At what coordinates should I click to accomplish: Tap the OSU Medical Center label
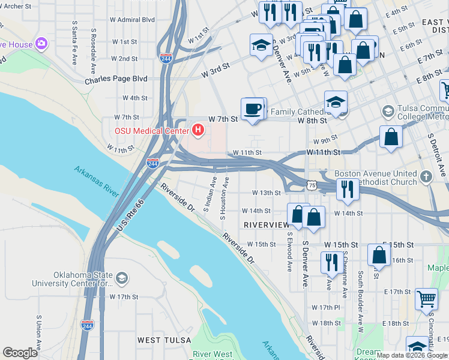coord(150,130)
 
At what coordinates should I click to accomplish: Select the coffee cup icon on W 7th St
coord(253,109)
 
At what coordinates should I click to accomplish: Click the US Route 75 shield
coord(311,185)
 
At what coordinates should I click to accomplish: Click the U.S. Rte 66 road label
coord(130,217)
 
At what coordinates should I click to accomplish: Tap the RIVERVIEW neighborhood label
coord(266,224)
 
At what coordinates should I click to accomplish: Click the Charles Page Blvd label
coord(116,79)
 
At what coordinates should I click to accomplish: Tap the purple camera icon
coord(41,43)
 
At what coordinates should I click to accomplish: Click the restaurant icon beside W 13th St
coord(348,189)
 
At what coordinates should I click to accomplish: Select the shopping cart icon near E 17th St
coord(426,298)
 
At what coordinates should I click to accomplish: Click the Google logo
coord(20,353)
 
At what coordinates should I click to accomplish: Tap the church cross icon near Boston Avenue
coord(426,177)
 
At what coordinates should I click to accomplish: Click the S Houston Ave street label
coord(226,198)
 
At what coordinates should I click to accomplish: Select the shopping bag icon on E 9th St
coord(391,136)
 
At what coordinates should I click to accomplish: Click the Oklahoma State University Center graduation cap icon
coord(122,277)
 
